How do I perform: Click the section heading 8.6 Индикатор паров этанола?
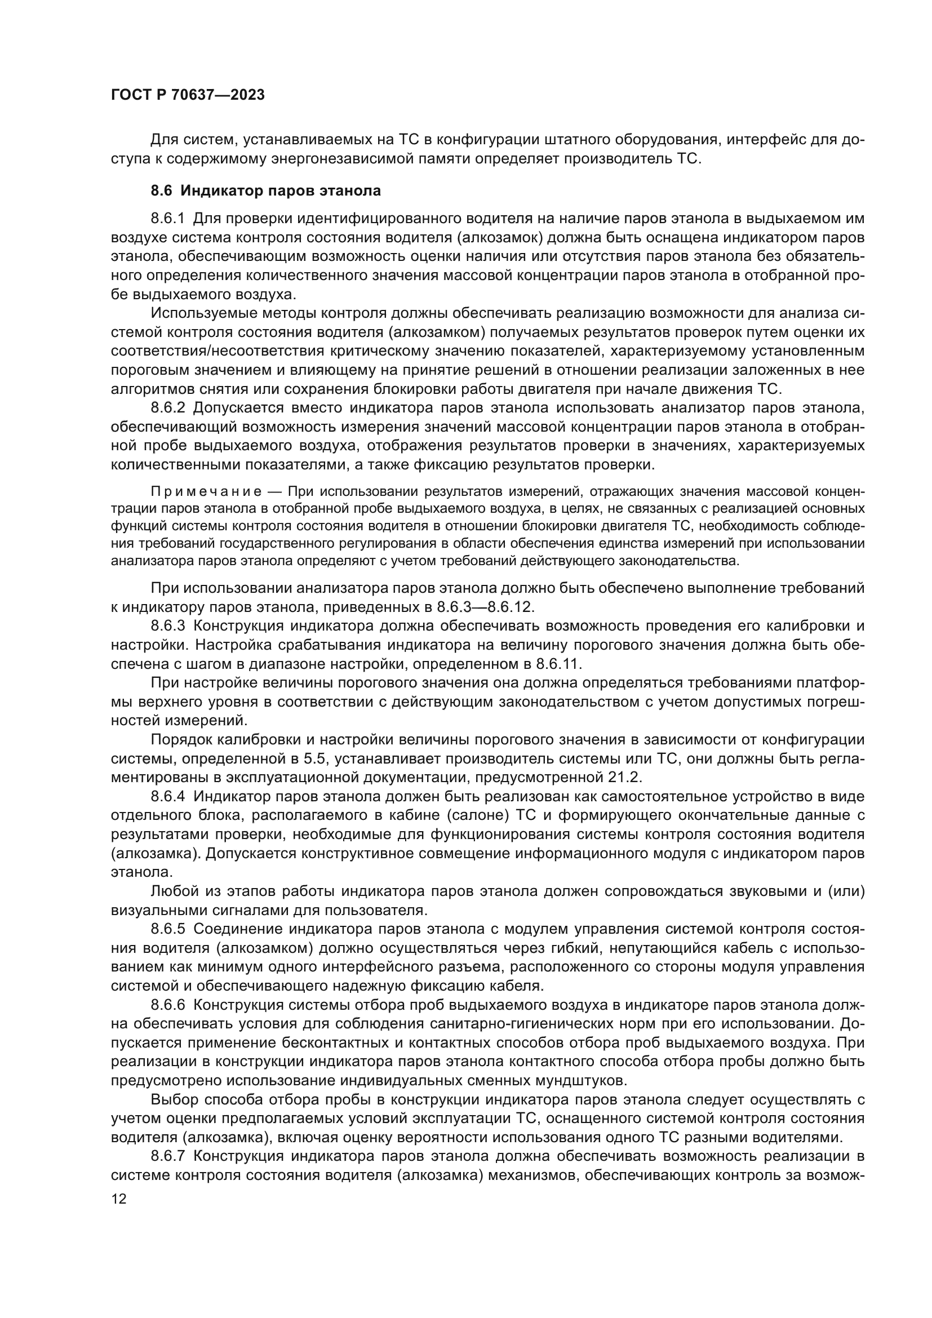pos(266,190)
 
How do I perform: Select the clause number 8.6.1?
pos(167,218)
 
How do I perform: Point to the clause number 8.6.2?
pos(167,408)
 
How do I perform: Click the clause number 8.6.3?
pos(167,625)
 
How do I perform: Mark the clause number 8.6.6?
pos(167,1005)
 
